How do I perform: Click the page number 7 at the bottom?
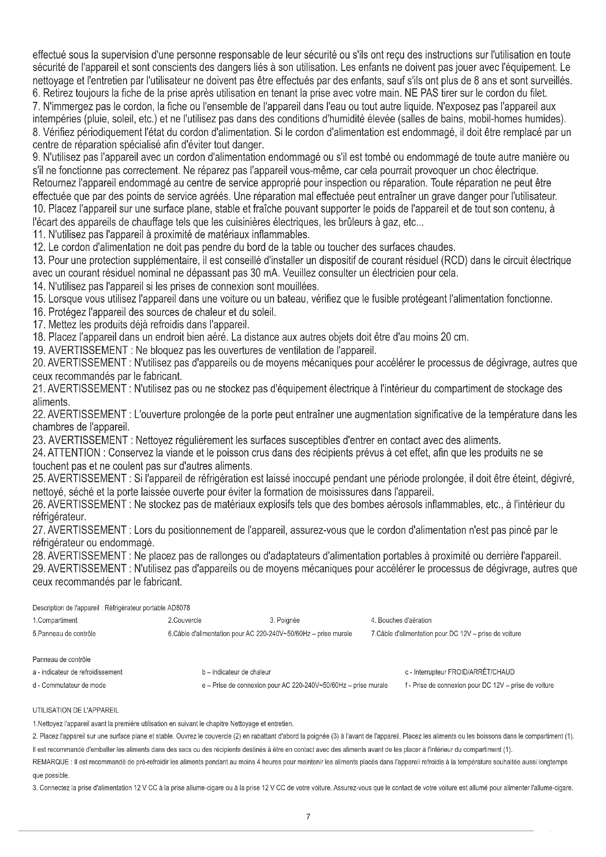point(308,817)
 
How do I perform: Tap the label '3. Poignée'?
point(285,620)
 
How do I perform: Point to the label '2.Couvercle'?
point(185,620)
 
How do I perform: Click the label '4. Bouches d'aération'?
point(401,620)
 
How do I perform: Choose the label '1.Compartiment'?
point(55,620)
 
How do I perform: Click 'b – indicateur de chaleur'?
point(236,672)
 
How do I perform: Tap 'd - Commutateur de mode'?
point(69,685)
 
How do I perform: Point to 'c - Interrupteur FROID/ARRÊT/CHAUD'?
point(460,672)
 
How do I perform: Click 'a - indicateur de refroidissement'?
point(78,672)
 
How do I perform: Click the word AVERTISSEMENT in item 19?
point(88,351)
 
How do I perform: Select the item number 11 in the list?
point(38,235)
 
